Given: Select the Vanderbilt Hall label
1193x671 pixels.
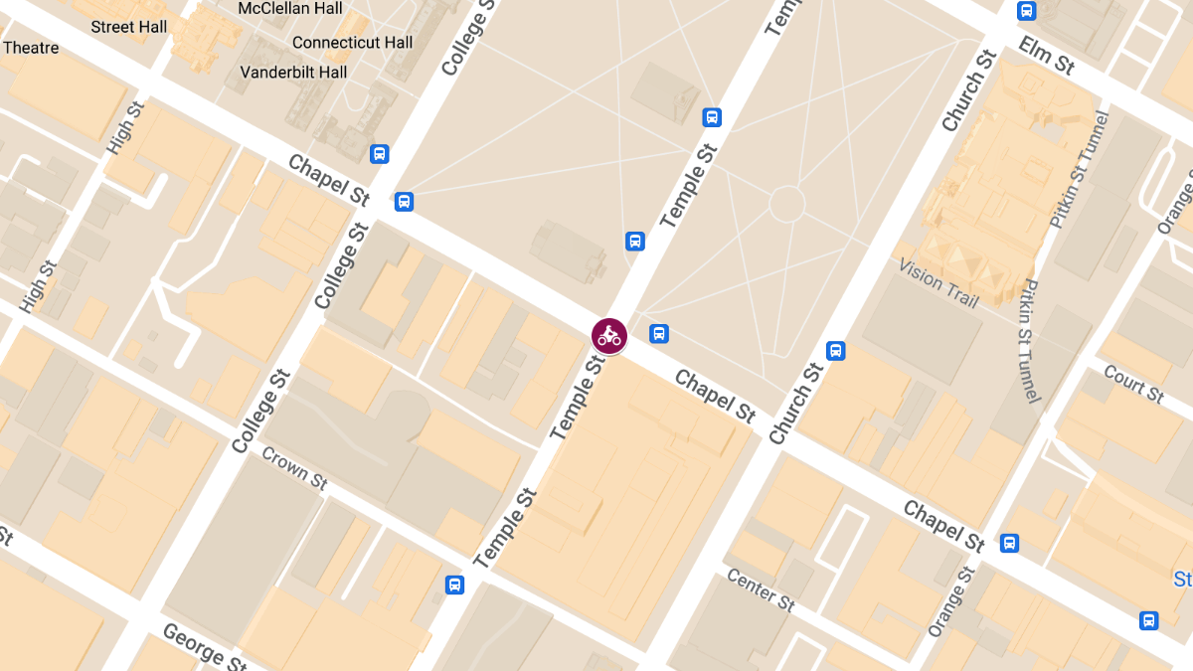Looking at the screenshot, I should point(294,73).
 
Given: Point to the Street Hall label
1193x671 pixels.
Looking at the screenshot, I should point(129,27).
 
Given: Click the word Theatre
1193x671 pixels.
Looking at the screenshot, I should point(31,48).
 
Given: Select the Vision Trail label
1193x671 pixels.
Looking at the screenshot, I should point(938,283).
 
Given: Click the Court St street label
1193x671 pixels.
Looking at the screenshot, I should point(1133,385).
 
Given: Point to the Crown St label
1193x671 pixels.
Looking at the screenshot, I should point(294,467).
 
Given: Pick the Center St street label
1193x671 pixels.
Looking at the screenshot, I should point(761,590).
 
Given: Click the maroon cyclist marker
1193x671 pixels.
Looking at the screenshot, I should point(609,336).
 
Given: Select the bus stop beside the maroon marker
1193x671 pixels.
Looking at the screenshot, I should point(658,333).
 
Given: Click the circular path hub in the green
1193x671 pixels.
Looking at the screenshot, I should point(786,204).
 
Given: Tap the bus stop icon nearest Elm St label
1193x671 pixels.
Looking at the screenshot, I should point(1027,11).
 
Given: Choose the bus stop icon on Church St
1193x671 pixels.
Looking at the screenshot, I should point(836,350).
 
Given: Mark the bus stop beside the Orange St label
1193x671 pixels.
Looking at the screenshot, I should point(1009,543).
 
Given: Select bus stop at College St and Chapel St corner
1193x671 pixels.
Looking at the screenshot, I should point(404,201).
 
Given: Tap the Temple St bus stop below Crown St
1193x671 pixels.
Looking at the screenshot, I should point(454,585).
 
